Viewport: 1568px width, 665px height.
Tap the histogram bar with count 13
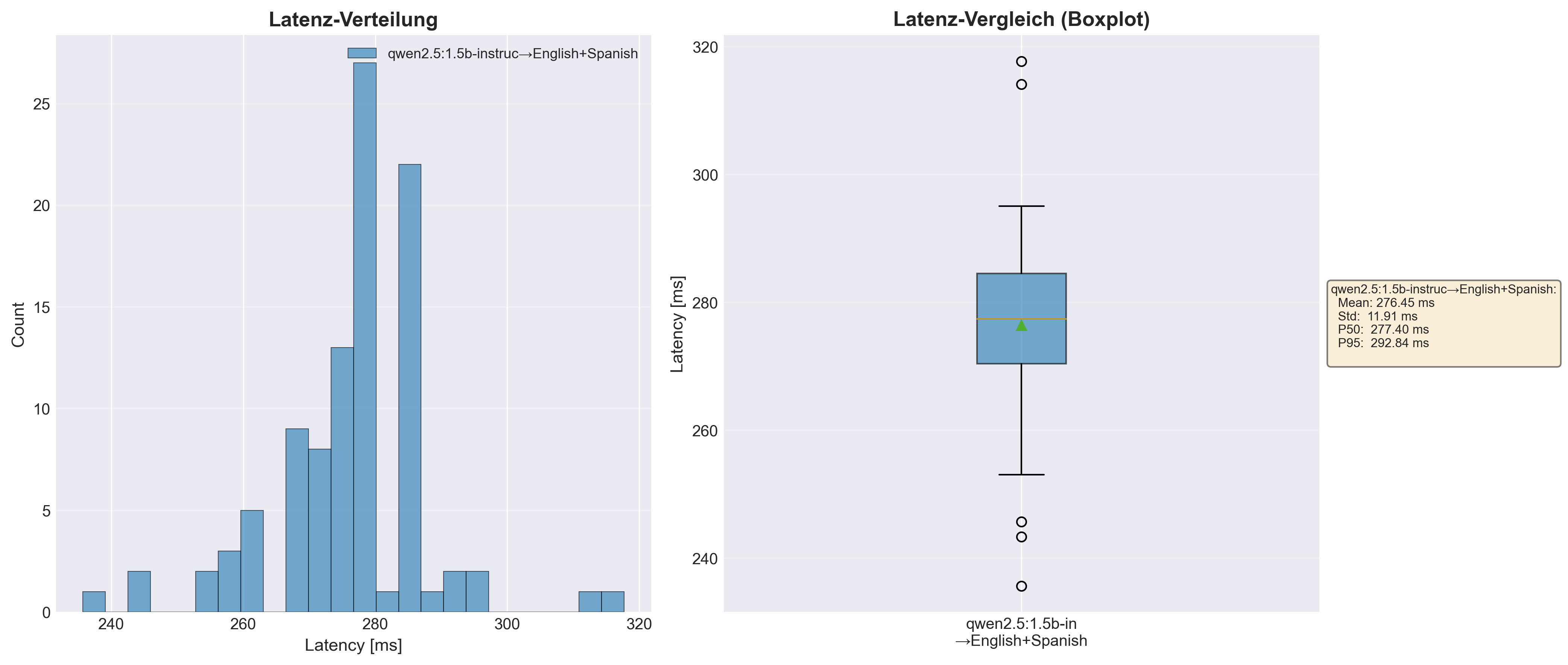342,480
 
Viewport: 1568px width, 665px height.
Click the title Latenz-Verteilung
353,20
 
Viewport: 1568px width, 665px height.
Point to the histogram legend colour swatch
362,53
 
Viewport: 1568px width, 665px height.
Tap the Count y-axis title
18,325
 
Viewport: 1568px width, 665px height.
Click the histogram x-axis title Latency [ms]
353,645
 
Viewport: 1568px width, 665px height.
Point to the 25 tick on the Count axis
41,104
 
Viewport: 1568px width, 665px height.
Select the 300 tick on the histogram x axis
507,624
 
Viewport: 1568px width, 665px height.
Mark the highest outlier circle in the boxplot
1021,61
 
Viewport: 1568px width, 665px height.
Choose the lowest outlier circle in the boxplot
1021,586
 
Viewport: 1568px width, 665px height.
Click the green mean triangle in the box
1021,325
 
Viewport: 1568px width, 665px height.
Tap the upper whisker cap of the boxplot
1021,206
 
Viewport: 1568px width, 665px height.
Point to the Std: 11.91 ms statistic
1378,316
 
